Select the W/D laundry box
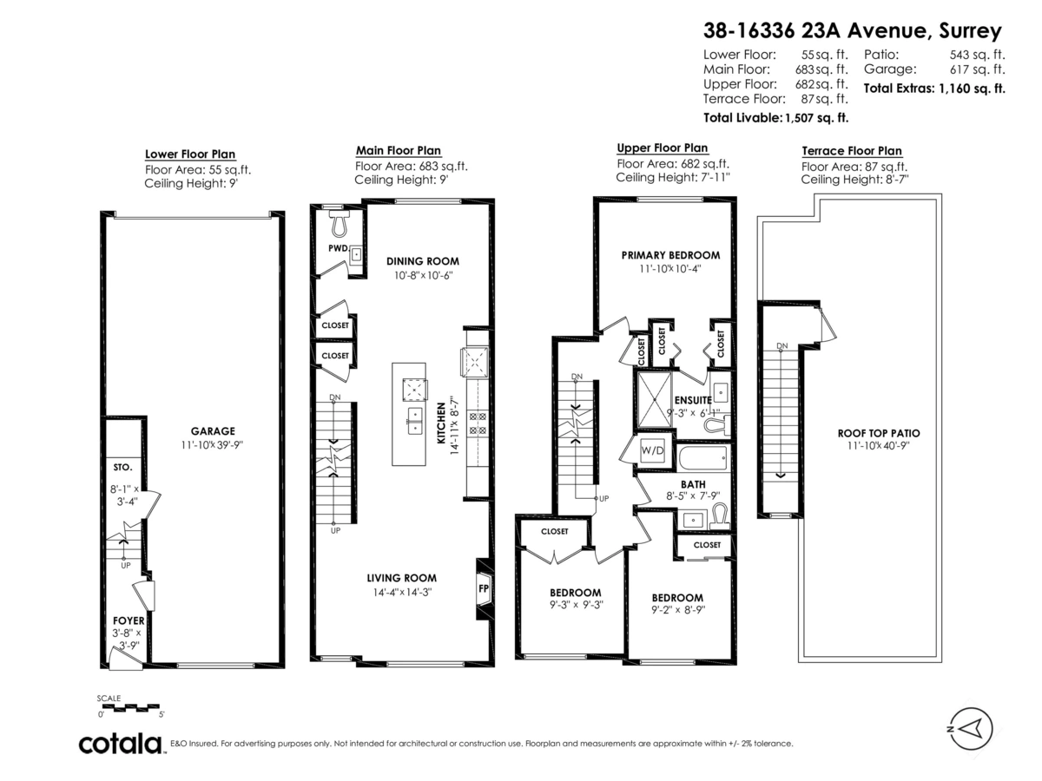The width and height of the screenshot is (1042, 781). (651, 451)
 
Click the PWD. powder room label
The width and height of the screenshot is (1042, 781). (338, 248)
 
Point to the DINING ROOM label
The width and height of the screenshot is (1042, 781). (422, 260)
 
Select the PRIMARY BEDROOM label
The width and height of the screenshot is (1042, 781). (670, 255)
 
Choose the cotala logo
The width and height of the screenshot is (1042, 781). (121, 744)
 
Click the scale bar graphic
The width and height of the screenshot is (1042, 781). (131, 706)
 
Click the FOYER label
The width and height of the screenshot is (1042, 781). (128, 621)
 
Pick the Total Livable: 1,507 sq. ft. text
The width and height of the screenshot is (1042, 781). (775, 116)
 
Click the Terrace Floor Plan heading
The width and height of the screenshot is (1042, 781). (851, 151)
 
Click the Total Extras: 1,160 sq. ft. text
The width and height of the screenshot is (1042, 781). (933, 88)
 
